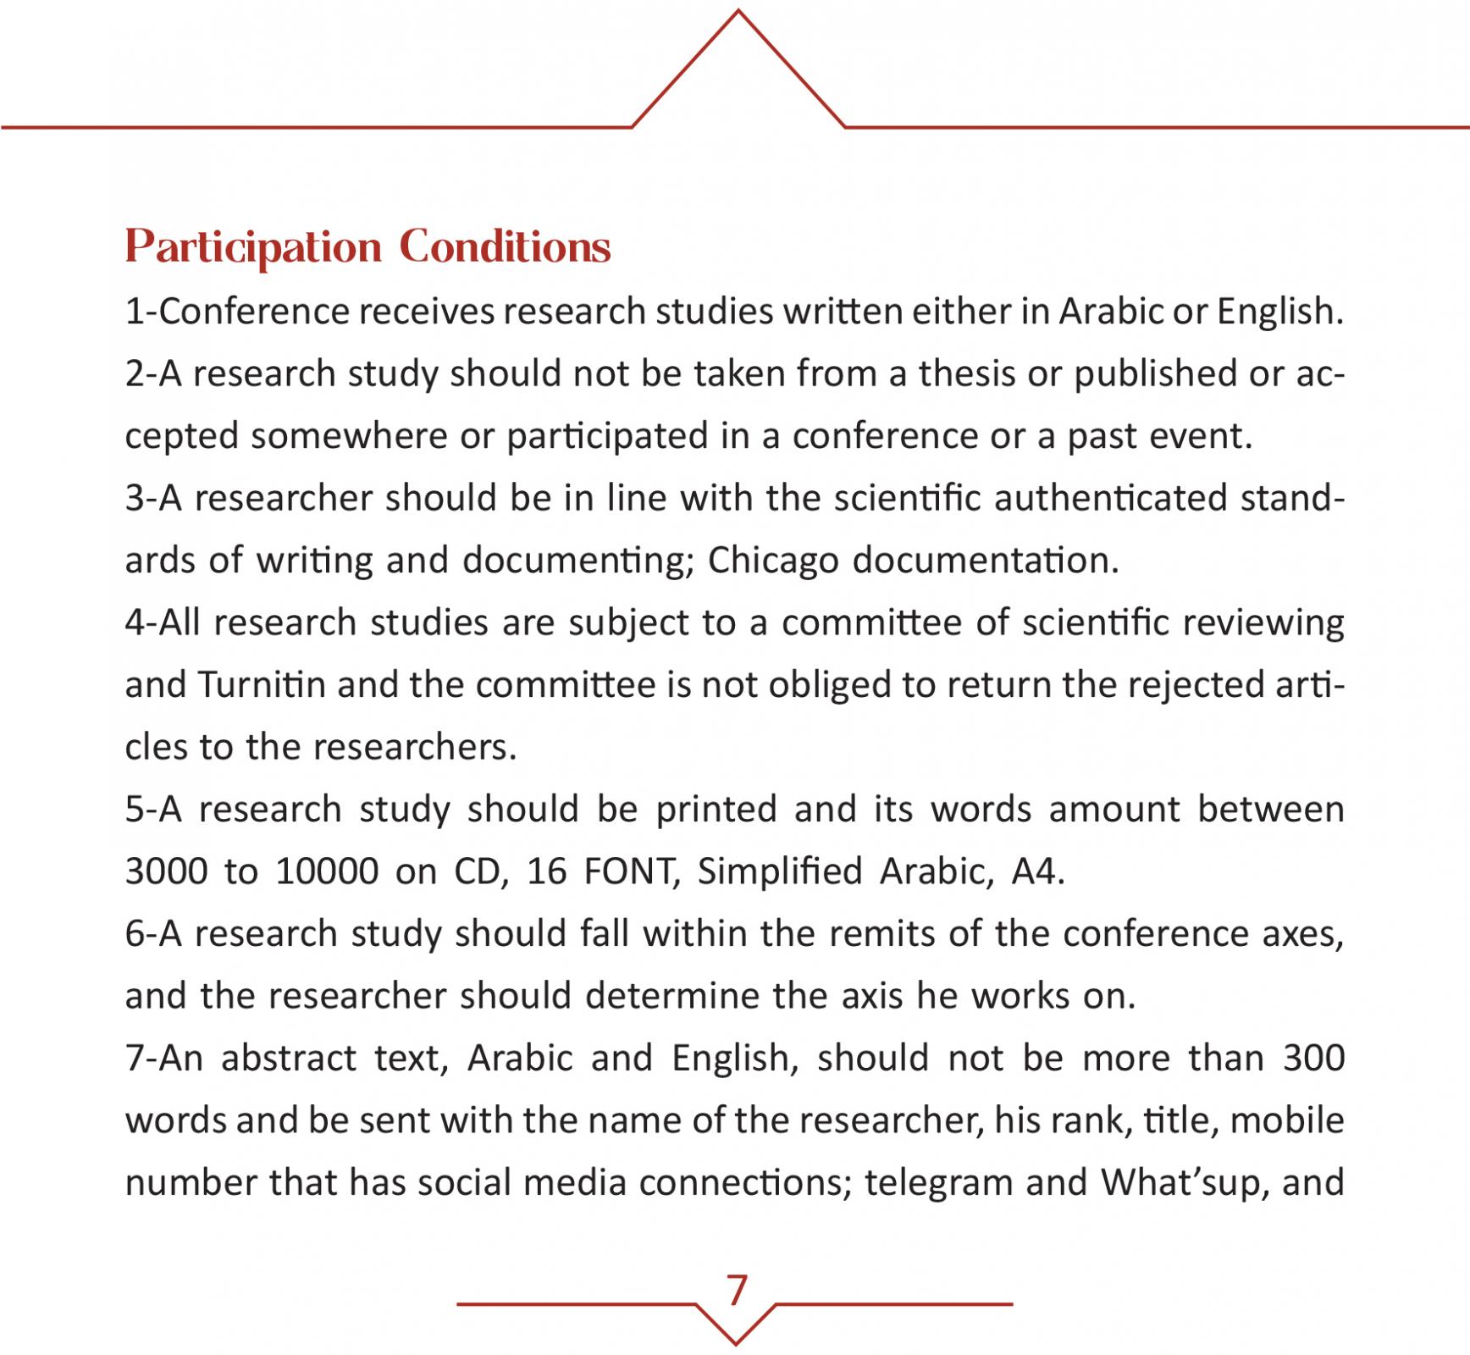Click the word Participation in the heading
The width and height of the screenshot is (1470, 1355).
click(253, 247)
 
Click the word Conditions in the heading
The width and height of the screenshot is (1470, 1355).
click(505, 247)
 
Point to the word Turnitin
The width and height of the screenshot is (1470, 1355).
click(262, 684)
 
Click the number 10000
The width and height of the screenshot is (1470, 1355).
click(327, 871)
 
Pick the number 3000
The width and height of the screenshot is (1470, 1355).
click(167, 871)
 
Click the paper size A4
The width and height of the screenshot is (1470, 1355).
click(1036, 871)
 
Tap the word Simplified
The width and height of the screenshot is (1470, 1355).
click(779, 871)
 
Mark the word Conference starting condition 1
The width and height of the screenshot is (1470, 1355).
click(253, 312)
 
